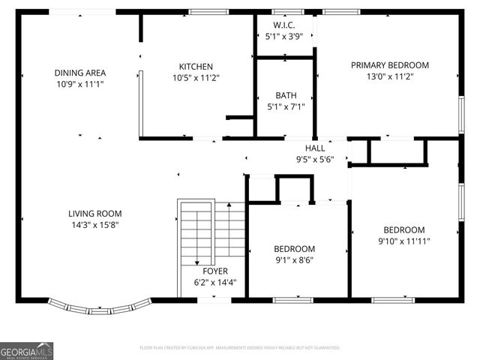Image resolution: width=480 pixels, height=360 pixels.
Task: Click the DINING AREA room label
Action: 79,73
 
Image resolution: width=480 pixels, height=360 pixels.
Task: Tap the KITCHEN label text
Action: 196,66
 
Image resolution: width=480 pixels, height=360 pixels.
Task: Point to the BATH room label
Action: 285,95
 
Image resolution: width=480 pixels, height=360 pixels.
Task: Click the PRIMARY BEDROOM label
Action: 389,64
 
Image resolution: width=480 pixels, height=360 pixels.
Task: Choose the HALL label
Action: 314,148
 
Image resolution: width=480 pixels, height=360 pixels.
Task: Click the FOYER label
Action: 215,271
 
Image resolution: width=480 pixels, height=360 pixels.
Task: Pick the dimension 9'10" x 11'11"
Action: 404,241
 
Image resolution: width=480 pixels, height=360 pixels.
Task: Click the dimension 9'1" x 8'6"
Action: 294,259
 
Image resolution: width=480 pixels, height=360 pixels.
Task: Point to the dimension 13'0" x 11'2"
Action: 389,76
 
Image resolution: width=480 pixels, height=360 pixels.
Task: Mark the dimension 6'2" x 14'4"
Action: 215,282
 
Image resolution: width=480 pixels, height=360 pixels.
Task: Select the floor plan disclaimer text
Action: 240,348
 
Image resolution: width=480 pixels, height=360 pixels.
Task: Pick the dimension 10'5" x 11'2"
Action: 196,77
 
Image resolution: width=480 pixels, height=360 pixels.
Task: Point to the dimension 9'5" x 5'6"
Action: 314,159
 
